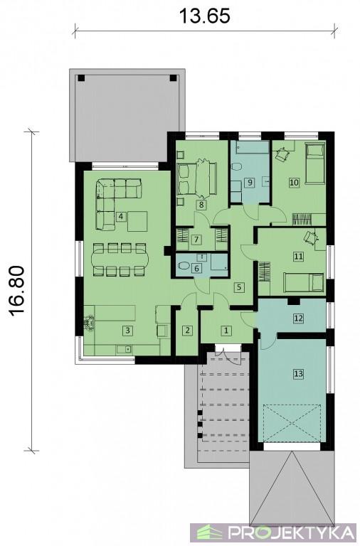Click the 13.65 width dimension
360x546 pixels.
(205, 16)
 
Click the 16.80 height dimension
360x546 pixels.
(17, 291)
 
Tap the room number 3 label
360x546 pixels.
(127, 330)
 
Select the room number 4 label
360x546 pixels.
(120, 217)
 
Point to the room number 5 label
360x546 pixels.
(239, 287)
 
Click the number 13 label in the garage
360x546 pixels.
(298, 374)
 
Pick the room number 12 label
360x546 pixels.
(298, 318)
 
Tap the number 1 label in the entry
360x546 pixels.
(226, 330)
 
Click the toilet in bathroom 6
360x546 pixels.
(184, 266)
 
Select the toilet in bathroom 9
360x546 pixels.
(236, 167)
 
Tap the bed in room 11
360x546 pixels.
(304, 282)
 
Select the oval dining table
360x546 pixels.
(120, 259)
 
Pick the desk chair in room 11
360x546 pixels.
(310, 237)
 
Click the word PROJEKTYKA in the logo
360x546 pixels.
(290, 532)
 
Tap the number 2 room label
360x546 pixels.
(188, 330)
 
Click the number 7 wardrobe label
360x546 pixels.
(196, 240)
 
